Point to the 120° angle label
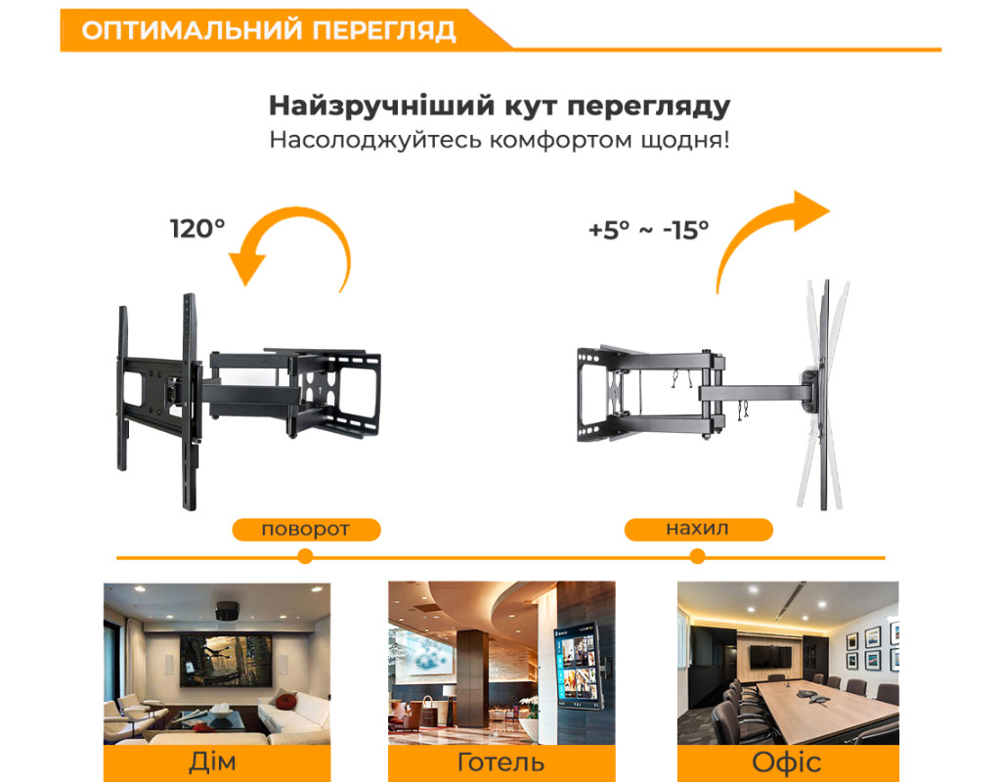point(197,229)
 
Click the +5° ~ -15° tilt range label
point(649,230)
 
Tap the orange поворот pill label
point(306,529)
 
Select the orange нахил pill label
point(698,529)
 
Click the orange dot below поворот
point(305,556)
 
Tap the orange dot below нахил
point(697,556)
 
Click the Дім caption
point(212,762)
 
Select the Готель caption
point(501,762)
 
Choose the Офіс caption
point(787,762)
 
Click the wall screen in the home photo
point(226,660)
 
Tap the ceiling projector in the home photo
point(227,611)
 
